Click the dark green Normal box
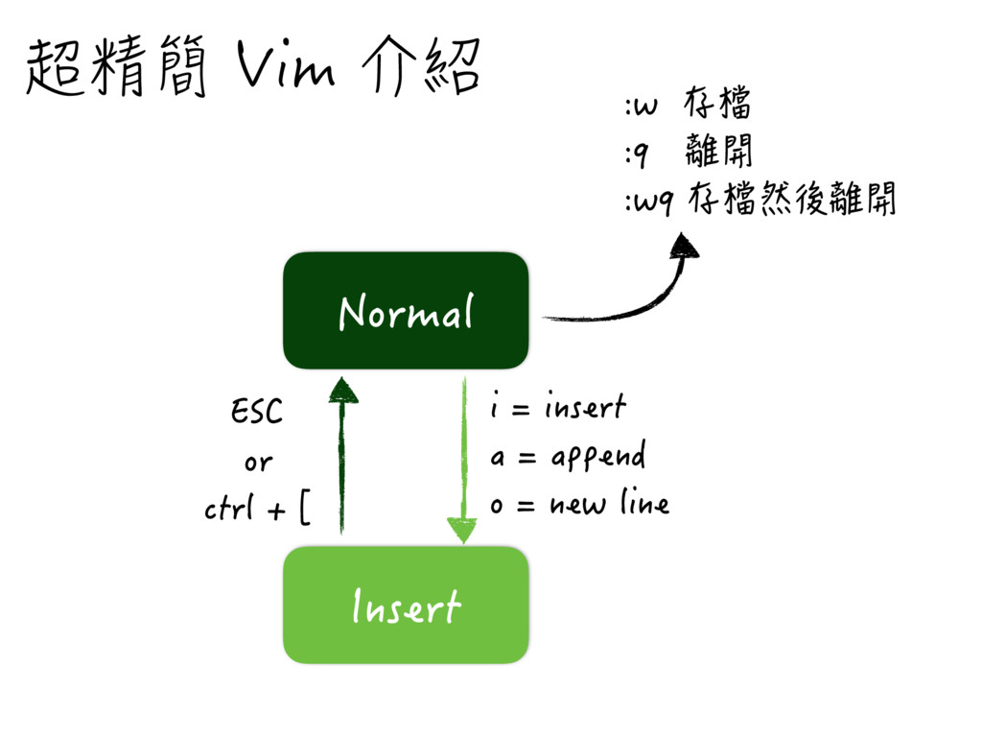406,311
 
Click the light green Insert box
406,606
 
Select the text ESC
257,413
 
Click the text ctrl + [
257,509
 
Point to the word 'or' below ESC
257,463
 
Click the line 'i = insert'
557,408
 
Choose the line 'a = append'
567,457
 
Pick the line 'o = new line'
578,504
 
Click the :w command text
641,106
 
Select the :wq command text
650,202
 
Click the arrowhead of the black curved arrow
685,246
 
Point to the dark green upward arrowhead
341,389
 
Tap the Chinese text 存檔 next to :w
717,103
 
